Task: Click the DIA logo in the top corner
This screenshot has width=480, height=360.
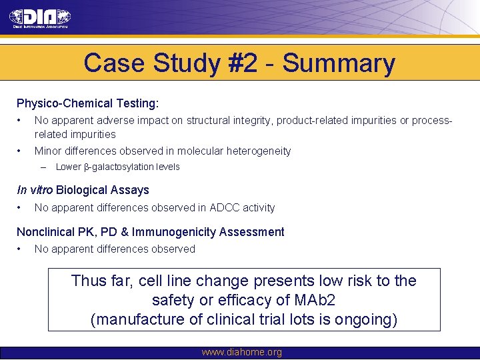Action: (x=40, y=18)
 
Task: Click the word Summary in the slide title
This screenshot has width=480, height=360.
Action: (x=339, y=64)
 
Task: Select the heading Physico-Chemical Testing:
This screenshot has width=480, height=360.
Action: (x=87, y=103)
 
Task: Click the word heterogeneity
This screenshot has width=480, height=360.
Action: (x=251, y=151)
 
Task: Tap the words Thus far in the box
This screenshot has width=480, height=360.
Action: (x=101, y=281)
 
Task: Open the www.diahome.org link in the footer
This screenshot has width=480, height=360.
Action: (x=241, y=352)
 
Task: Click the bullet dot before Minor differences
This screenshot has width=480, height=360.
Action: (x=20, y=151)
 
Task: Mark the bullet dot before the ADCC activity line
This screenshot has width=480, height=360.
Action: (x=20, y=207)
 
